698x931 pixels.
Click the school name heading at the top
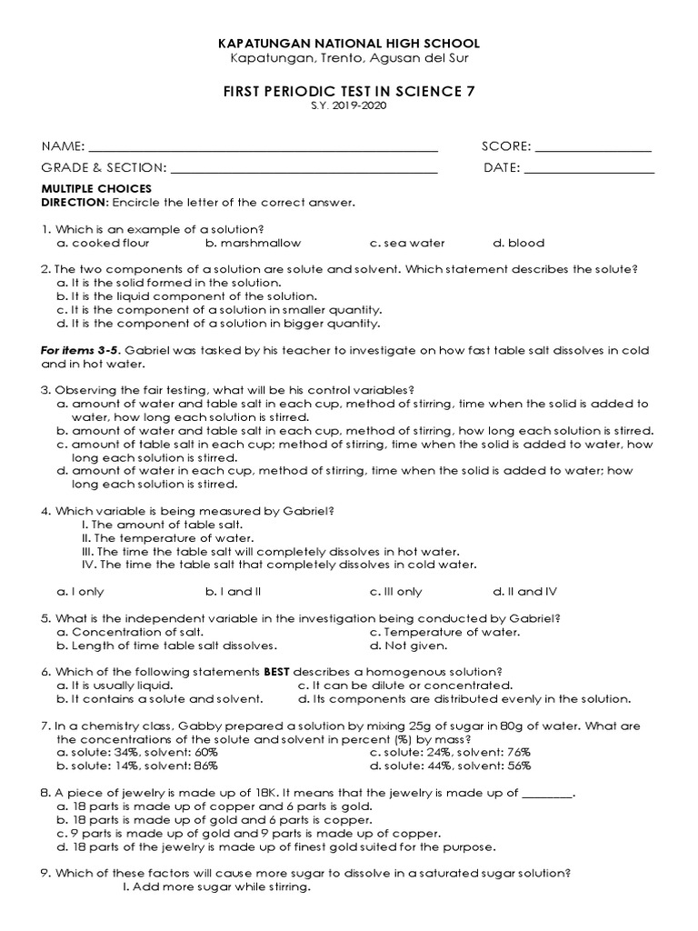click(x=349, y=44)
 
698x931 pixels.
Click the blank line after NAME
click(x=264, y=148)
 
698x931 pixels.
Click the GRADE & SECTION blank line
click(x=304, y=169)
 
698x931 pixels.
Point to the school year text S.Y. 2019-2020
click(x=349, y=106)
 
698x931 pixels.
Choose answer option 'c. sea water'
click(x=407, y=244)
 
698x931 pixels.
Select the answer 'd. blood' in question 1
click(x=519, y=244)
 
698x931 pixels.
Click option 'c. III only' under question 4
click(x=396, y=592)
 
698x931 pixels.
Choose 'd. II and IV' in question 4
click(x=524, y=592)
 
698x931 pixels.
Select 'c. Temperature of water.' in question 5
click(x=445, y=632)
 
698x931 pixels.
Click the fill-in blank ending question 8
click(x=549, y=794)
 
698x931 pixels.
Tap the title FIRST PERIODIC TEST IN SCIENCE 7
click(x=349, y=91)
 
